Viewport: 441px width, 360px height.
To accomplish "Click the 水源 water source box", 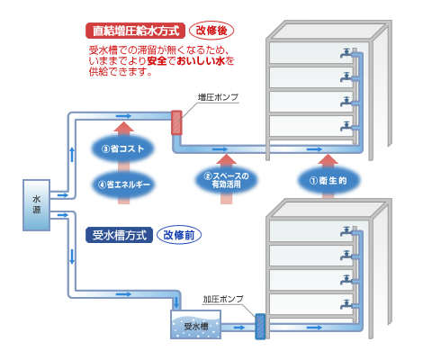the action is click(x=36, y=205).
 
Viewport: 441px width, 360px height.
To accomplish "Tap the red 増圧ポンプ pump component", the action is click(x=176, y=122).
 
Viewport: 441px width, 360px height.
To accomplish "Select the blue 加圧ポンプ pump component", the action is click(x=260, y=327).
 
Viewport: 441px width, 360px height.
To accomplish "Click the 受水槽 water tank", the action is click(x=195, y=325).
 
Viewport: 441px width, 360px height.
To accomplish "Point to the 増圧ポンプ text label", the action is click(x=218, y=97).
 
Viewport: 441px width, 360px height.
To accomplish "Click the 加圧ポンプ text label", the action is click(x=223, y=299).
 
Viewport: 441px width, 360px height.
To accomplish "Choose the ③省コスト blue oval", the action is click(x=123, y=148).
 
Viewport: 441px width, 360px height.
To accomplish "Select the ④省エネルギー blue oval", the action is click(x=123, y=184).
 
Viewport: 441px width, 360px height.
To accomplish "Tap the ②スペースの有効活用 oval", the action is click(x=226, y=180).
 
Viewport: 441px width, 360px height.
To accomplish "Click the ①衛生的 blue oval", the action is click(x=328, y=181).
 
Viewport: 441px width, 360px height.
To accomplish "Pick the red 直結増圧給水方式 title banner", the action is click(x=135, y=31).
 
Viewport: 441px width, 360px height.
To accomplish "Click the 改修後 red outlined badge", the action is click(x=211, y=31).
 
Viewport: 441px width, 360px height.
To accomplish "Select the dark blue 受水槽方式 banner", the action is click(x=119, y=235).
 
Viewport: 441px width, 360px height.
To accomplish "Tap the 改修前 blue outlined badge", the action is click(x=179, y=235).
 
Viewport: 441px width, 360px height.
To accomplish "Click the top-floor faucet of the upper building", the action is click(x=346, y=53).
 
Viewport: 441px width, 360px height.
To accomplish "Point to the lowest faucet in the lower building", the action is click(x=346, y=304).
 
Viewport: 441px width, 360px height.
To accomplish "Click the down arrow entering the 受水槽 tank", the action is click(x=176, y=302).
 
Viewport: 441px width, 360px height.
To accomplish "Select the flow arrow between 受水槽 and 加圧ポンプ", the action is click(x=239, y=328).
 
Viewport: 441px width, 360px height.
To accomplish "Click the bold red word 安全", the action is click(x=157, y=61).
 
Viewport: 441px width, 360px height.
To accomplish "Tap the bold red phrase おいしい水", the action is click(x=201, y=61).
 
